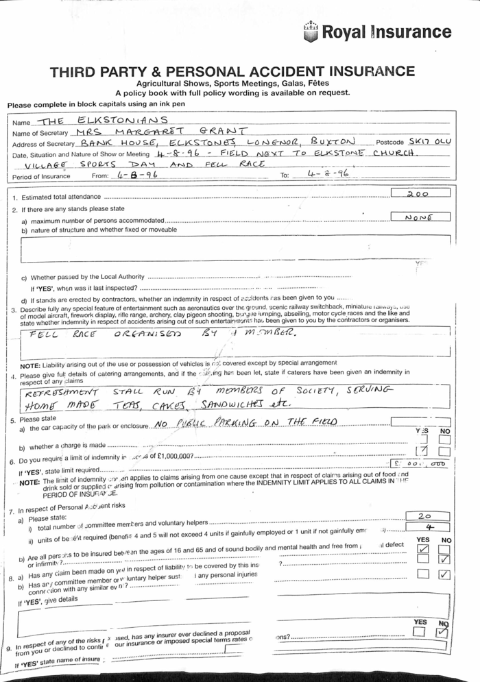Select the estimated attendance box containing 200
pos(419,194)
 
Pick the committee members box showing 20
pos(424,515)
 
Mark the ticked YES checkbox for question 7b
pos(423,548)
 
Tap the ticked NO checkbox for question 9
pos(443,631)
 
